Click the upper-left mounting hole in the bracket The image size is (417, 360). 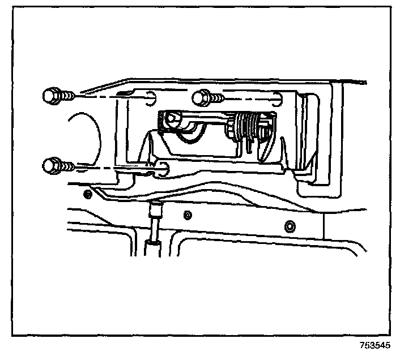151,97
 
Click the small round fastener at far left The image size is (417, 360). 87,195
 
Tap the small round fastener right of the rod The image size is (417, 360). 188,215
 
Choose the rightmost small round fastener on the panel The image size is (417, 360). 290,226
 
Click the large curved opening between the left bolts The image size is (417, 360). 85,133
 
